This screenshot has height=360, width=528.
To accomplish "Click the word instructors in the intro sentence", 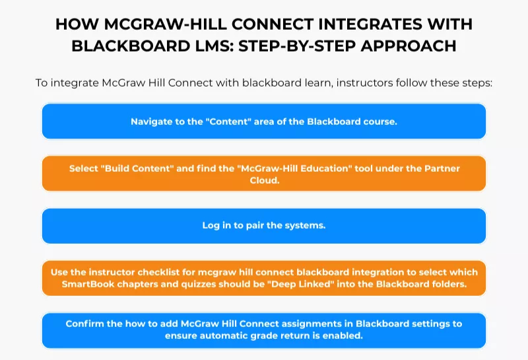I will click(x=367, y=83).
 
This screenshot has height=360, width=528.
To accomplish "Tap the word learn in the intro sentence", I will click(x=320, y=83).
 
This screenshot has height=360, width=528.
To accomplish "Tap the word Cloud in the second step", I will click(x=264, y=180).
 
